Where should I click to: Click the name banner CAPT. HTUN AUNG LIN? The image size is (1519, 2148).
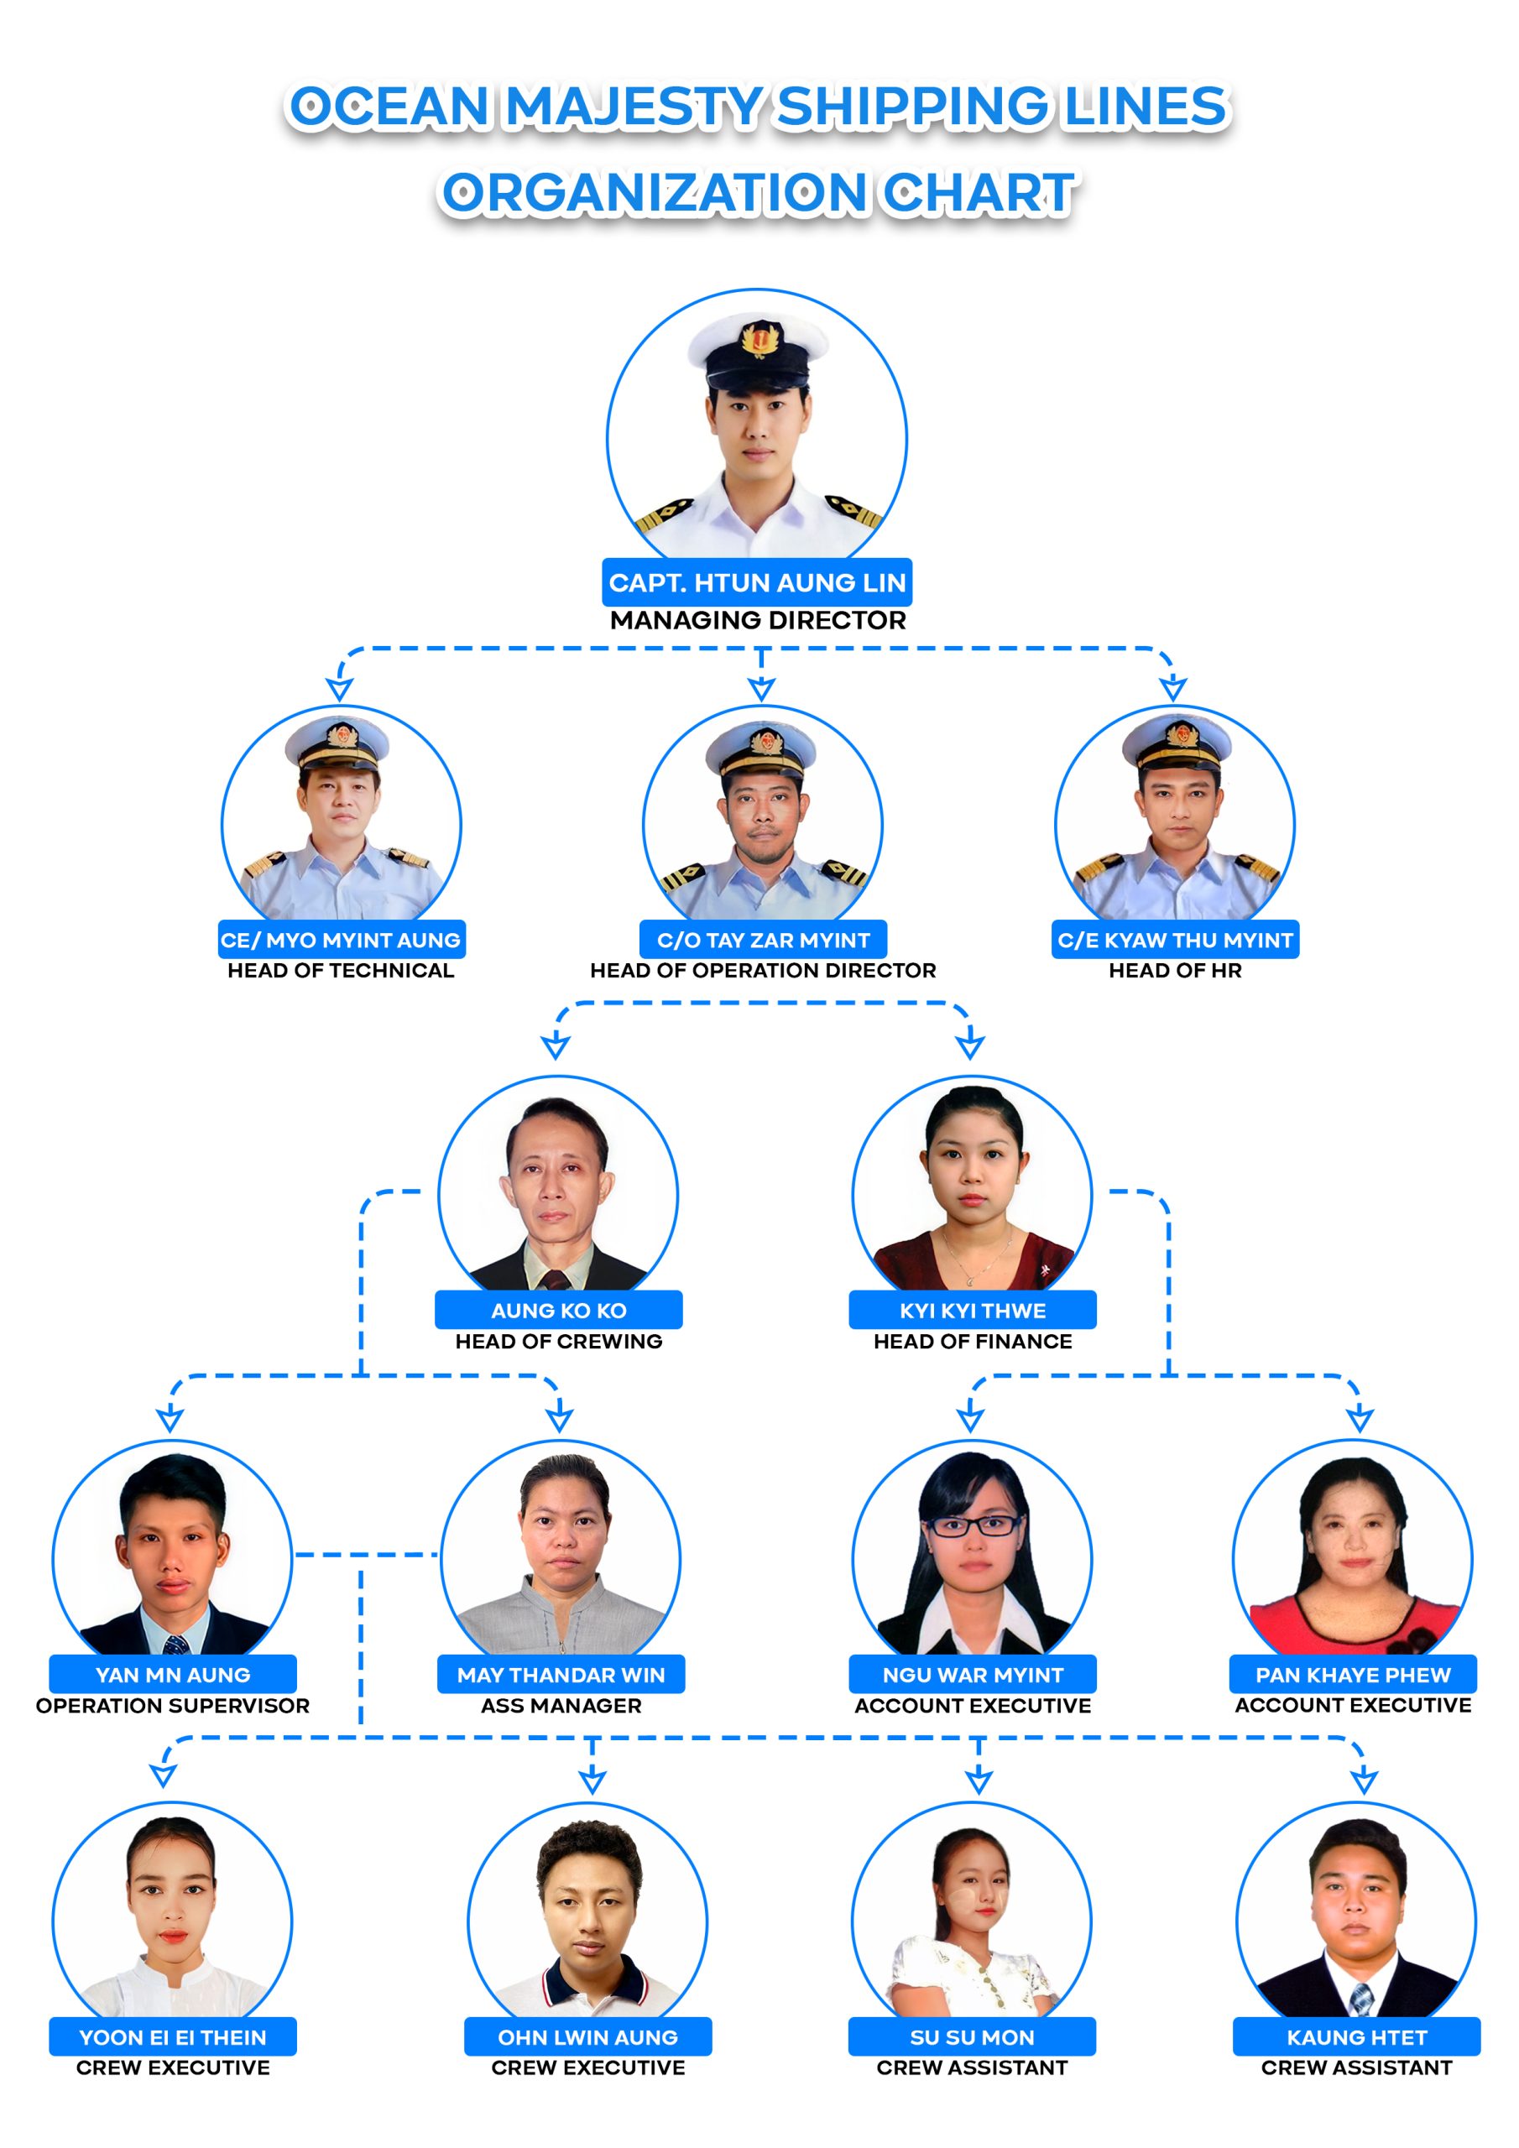pos(757,582)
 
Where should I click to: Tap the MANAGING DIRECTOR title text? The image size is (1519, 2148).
pos(758,620)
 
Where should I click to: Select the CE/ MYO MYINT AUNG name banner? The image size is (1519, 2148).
pos(342,939)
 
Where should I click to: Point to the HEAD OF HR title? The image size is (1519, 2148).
pos(1176,970)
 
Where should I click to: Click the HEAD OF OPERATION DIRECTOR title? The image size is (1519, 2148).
pos(763,970)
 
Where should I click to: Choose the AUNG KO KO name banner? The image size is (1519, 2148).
pos(559,1310)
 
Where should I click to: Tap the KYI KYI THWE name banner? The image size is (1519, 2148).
pos(973,1310)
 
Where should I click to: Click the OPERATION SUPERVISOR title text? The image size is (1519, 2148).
pos(173,1706)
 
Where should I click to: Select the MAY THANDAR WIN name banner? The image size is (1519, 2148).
pos(561,1675)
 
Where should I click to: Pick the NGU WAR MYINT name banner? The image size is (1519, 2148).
pos(973,1675)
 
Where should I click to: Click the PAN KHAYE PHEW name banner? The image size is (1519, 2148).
pos(1354,1675)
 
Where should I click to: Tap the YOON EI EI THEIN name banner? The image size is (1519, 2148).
pos(173,2036)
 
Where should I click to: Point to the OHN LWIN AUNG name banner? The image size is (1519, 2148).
pos(587,2036)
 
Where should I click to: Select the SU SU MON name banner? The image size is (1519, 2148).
pos(973,2036)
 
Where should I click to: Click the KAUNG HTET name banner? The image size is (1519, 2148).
pos(1357,2036)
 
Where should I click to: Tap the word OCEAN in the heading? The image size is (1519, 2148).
pos(389,106)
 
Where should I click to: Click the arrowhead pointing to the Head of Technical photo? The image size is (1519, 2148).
pos(339,690)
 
